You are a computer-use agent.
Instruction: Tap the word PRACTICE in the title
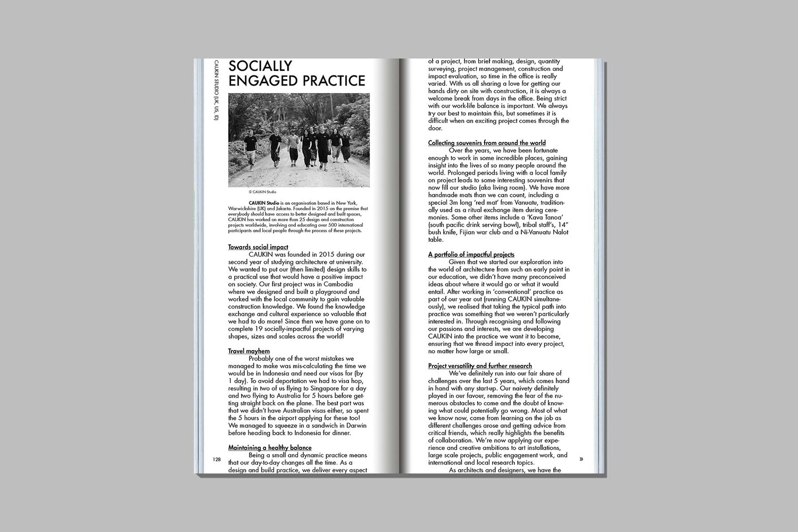(x=332, y=81)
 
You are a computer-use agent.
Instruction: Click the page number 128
(x=217, y=459)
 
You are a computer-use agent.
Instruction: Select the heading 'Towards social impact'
(x=258, y=247)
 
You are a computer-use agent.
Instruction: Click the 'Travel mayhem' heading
(x=249, y=351)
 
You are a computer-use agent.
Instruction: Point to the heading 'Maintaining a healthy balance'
(x=270, y=448)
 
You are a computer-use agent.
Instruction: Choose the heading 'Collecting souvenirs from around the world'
(x=487, y=143)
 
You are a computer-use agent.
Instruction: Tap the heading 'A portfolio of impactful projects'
(x=471, y=254)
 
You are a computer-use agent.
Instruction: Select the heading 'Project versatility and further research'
(x=480, y=366)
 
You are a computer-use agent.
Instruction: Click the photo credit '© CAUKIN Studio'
(x=262, y=192)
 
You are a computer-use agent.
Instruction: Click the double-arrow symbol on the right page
(x=581, y=459)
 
